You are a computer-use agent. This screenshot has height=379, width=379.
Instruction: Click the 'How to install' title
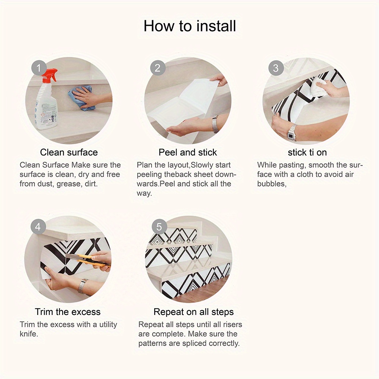click(x=189, y=26)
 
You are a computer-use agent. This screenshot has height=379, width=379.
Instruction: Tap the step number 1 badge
click(x=38, y=69)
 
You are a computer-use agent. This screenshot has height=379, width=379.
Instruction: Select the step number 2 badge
click(x=158, y=69)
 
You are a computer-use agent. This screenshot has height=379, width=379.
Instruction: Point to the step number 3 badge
click(x=276, y=69)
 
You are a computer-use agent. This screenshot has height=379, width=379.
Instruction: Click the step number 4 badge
click(x=38, y=227)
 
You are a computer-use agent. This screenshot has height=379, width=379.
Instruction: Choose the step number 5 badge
click(x=159, y=227)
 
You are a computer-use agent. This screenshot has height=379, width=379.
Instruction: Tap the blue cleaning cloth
click(x=82, y=97)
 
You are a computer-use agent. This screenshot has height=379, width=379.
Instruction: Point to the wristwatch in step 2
click(x=215, y=124)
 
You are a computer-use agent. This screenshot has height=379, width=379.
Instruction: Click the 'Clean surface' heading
click(x=69, y=152)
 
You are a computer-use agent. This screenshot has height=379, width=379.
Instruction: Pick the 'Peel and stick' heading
click(x=188, y=152)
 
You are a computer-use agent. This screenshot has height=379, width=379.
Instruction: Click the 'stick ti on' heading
click(x=307, y=153)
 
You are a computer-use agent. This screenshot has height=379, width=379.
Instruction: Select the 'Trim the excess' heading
click(x=68, y=312)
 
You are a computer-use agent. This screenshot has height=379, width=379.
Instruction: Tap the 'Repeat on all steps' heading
click(x=193, y=312)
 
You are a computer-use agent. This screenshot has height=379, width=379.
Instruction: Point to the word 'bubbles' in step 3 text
click(x=271, y=184)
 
